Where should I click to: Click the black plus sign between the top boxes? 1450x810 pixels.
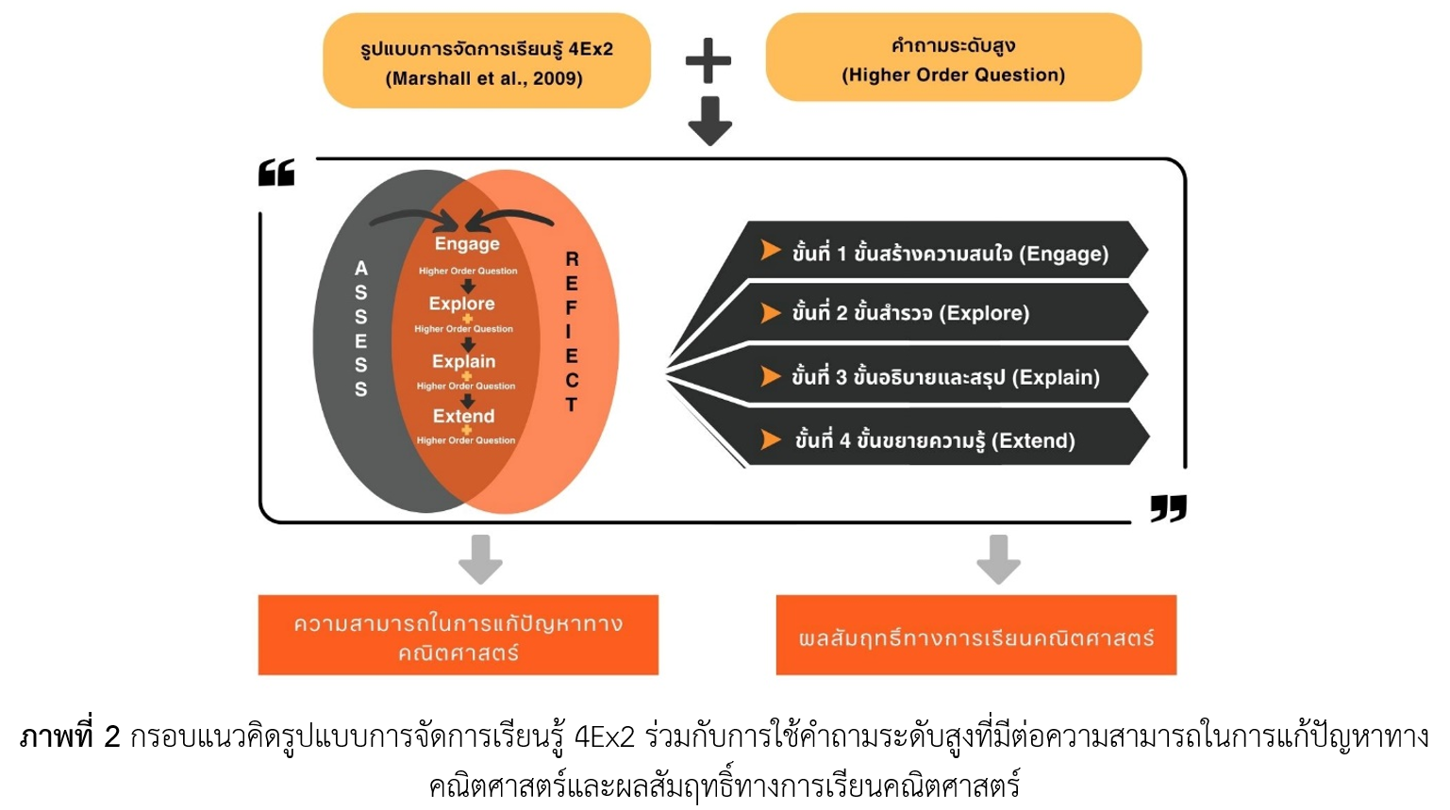(708, 61)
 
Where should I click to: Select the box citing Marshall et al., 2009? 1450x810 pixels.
(487, 62)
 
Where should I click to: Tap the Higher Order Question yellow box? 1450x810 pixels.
(953, 58)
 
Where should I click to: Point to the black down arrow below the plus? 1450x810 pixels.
(709, 121)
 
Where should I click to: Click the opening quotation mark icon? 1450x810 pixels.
(276, 173)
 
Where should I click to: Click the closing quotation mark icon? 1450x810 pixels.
(1168, 508)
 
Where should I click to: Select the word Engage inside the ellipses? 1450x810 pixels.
(467, 244)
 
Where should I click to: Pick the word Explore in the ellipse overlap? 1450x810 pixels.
(461, 304)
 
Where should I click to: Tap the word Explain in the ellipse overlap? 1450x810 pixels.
(463, 361)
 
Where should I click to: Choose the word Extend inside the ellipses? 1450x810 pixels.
(463, 416)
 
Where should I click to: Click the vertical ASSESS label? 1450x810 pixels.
(361, 328)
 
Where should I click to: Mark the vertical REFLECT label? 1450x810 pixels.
(571, 331)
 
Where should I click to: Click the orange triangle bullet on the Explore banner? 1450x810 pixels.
(771, 313)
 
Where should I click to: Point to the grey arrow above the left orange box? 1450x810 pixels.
(480, 558)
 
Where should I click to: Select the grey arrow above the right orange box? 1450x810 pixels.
(998, 558)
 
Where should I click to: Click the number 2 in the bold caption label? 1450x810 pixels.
(112, 736)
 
